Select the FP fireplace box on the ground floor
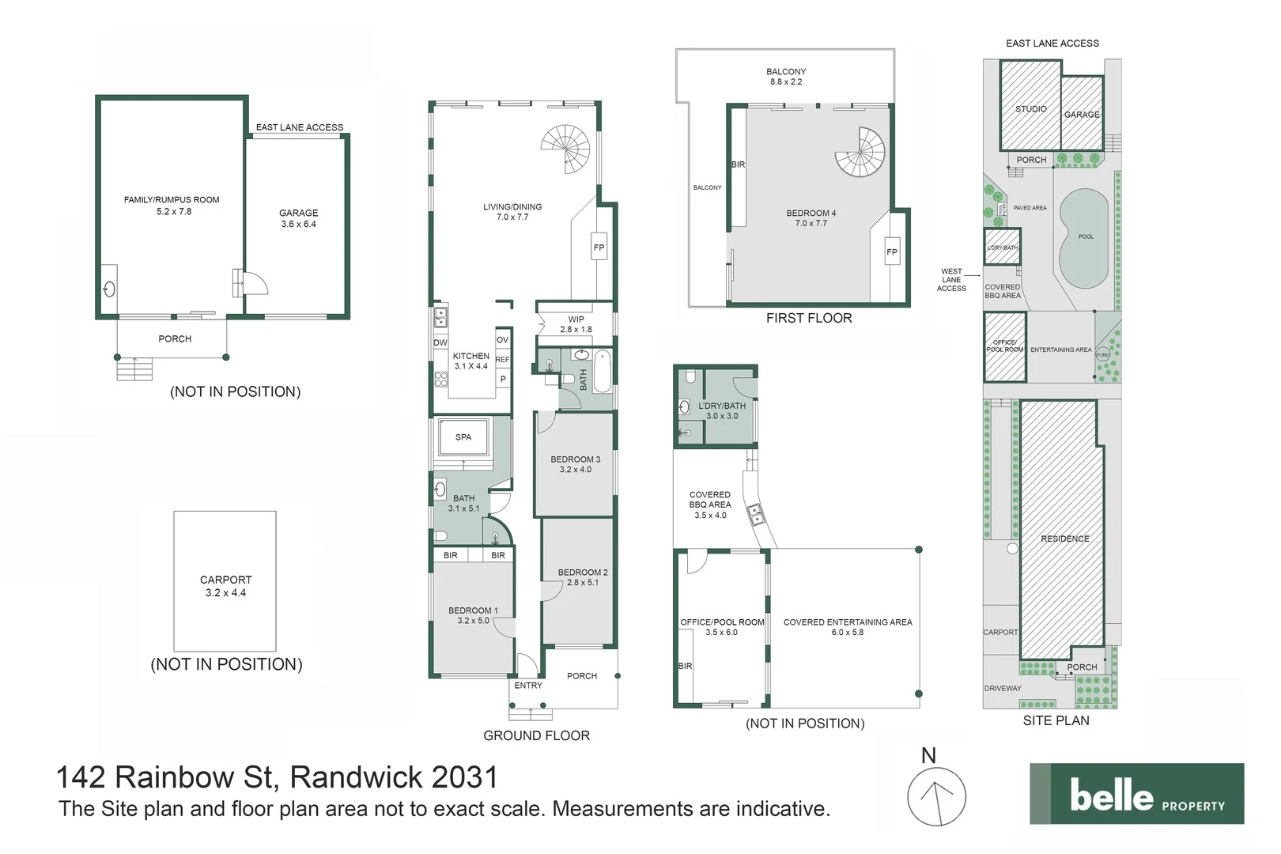point(599,248)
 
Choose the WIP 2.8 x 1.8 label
point(576,324)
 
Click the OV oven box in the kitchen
point(502,339)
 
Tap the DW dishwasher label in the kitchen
point(440,343)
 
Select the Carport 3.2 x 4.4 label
point(225,586)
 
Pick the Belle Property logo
point(1136,794)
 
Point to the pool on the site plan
point(1083,237)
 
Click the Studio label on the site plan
point(1030,109)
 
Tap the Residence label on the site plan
point(1064,538)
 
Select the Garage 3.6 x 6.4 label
point(298,218)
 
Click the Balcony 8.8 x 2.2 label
point(785,77)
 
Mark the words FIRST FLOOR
point(808,318)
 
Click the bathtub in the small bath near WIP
point(603,372)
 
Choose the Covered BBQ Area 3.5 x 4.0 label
point(709,504)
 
